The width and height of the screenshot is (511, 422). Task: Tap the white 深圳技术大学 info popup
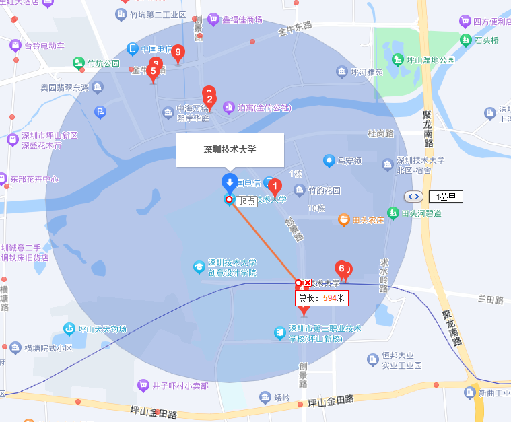tap(230, 149)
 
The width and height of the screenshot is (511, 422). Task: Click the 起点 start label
tap(247, 201)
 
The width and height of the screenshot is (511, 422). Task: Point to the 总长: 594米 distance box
tap(322, 298)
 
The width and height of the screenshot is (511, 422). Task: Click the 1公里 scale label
tap(446, 197)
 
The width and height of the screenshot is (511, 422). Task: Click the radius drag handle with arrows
tap(413, 197)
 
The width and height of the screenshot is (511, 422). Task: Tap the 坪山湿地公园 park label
tap(429, 61)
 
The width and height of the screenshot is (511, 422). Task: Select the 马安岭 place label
tap(349, 161)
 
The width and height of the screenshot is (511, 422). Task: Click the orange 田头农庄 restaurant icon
tap(344, 219)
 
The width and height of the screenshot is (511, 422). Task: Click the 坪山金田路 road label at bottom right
tap(331, 402)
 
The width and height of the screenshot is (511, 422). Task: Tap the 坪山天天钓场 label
tap(102, 329)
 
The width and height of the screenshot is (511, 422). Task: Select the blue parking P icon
tap(100, 112)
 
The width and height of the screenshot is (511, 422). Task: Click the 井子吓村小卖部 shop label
tap(180, 386)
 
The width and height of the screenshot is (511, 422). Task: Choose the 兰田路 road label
tap(491, 300)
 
